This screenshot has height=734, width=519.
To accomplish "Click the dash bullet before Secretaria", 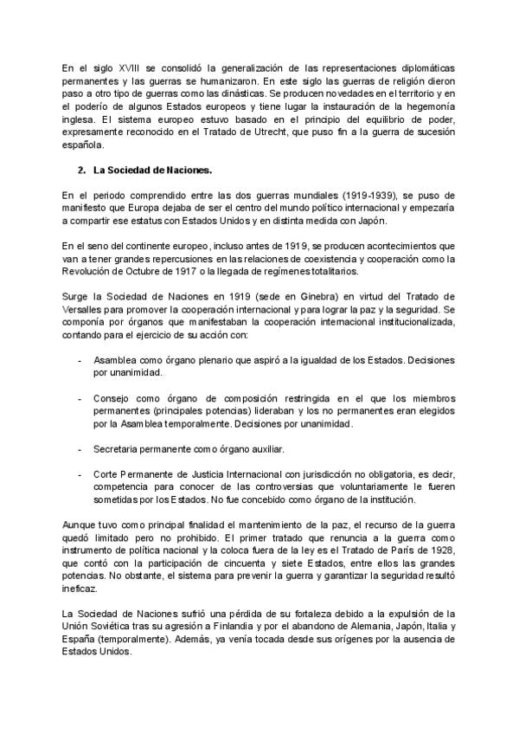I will tap(80, 450).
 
